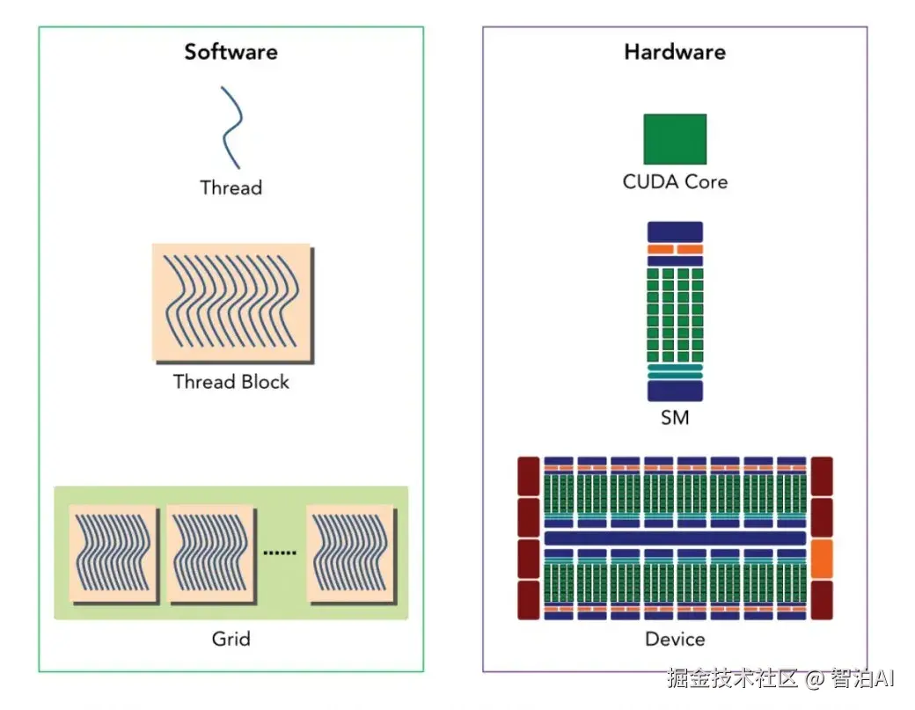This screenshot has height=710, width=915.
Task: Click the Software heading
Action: coord(231,52)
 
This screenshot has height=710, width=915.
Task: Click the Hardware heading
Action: coord(675,52)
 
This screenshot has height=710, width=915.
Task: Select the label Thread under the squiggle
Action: coord(231,188)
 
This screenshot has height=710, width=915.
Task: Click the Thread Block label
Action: coord(231,382)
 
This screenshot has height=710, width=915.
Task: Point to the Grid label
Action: coord(231,639)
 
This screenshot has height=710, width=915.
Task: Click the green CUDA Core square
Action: coord(675,139)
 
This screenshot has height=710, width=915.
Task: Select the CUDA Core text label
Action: coord(675,182)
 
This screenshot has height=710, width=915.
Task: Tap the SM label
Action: coord(675,418)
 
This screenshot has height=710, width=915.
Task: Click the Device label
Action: coord(675,640)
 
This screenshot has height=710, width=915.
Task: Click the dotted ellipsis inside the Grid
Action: coord(280,553)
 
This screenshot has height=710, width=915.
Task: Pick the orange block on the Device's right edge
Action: coord(822,559)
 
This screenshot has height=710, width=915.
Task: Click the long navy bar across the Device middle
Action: coord(675,538)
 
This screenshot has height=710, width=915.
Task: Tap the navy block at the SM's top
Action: coord(675,231)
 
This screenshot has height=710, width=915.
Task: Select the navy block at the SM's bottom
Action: coord(675,391)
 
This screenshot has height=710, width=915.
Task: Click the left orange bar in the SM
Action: coord(661,249)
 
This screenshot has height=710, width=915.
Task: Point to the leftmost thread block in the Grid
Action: coord(113,554)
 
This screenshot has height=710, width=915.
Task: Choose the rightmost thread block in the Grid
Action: coord(351,554)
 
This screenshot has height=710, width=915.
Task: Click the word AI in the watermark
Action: coord(885,678)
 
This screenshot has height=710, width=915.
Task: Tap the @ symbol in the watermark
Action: coord(815,679)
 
